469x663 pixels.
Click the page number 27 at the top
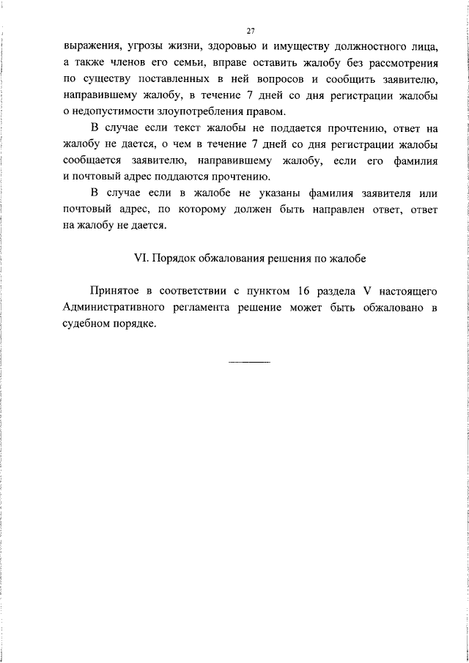pyautogui.click(x=250, y=30)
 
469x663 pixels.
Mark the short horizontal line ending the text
pyautogui.click(x=250, y=361)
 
